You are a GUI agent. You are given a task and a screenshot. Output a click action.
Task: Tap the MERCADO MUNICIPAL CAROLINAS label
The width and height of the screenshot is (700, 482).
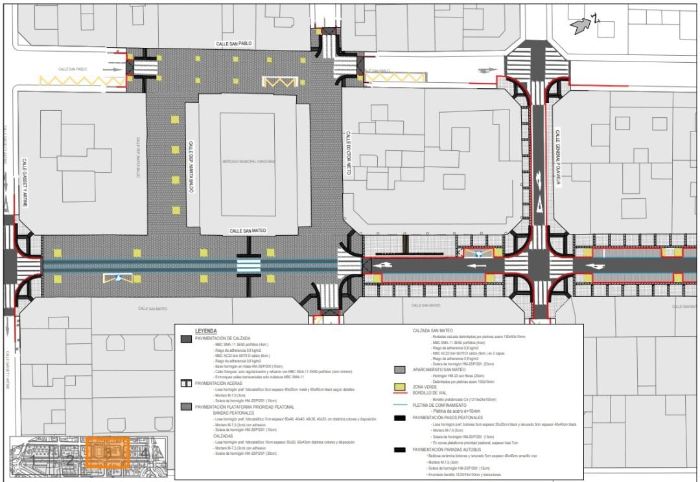248,161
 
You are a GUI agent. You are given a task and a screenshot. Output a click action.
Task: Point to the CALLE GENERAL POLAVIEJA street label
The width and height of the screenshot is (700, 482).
556,157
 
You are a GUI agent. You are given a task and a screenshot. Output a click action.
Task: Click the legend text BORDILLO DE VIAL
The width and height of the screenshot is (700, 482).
434,393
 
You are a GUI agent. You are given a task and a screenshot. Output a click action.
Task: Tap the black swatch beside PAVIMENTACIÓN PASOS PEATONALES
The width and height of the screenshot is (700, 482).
400,418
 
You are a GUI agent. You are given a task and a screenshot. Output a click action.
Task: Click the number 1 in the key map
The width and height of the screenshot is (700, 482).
33,459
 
